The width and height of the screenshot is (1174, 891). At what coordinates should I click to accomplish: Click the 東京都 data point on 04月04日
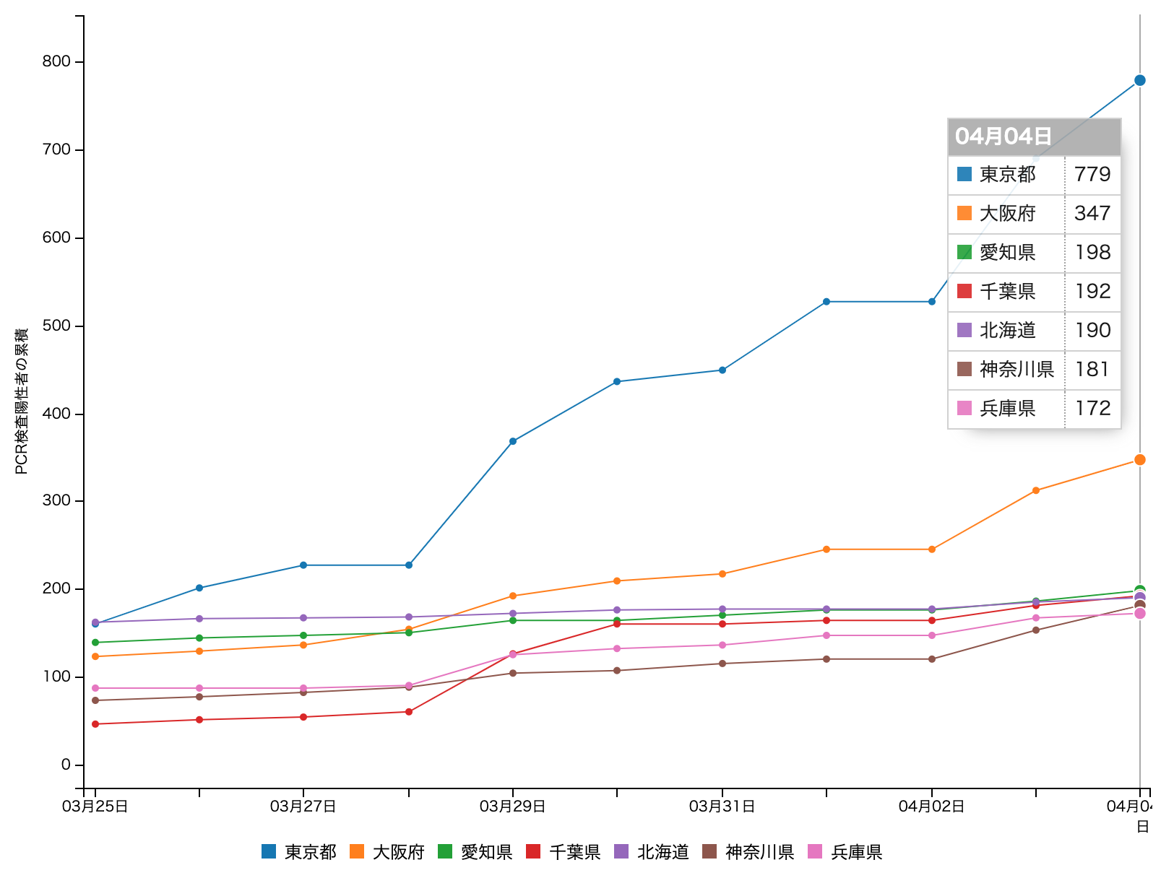coord(1139,80)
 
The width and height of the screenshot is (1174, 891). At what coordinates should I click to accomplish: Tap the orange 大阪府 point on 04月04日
coord(1139,460)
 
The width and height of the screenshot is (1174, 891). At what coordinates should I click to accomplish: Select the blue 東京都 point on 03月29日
coord(513,441)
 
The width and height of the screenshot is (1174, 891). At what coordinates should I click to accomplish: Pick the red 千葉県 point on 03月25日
coord(95,723)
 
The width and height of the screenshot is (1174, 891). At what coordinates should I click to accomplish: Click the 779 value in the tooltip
coord(1092,175)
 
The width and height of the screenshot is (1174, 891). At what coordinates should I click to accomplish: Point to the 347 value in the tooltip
coord(1092,214)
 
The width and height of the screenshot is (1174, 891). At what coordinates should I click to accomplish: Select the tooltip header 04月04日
coord(1003,136)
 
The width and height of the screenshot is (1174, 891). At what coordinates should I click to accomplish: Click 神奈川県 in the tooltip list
coord(1017,370)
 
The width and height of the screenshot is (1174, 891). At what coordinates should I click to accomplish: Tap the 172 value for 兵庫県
coord(1092,409)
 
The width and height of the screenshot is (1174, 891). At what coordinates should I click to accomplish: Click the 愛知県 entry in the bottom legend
coord(486,852)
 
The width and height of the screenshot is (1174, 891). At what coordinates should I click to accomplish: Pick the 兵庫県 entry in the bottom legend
coord(856,852)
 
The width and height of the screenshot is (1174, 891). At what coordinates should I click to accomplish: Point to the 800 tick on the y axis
coord(56,61)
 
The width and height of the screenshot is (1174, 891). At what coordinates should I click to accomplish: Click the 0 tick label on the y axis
coord(66,765)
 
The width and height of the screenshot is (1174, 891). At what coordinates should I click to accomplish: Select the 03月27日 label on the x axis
coord(303,807)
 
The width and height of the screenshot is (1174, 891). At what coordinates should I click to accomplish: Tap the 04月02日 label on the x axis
coord(931,807)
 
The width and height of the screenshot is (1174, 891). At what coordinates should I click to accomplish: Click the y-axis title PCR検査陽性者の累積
coord(22,401)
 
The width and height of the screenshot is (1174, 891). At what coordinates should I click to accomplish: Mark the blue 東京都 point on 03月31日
coord(722,370)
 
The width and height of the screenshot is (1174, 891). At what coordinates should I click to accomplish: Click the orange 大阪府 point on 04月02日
coord(932,549)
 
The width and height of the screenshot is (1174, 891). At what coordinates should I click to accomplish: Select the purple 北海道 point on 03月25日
coord(95,622)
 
